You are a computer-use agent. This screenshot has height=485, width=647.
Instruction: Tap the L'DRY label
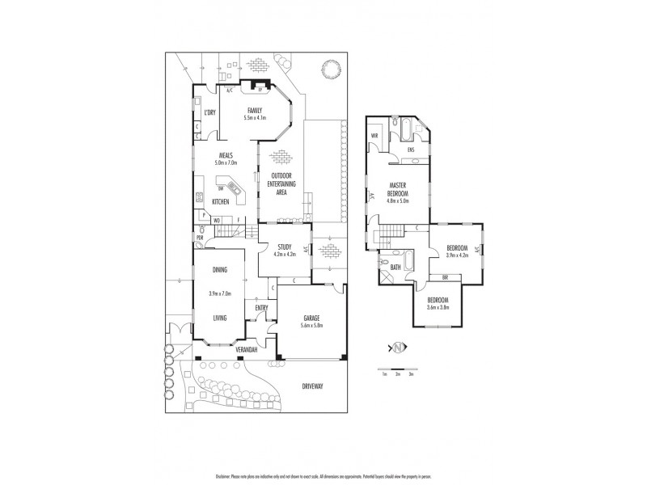click(x=208, y=113)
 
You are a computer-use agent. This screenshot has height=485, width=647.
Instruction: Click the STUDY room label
click(x=284, y=247)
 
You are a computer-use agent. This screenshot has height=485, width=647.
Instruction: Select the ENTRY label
click(x=261, y=307)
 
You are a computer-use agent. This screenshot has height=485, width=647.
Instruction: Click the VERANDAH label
click(x=247, y=350)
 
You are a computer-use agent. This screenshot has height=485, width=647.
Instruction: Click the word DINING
click(x=220, y=270)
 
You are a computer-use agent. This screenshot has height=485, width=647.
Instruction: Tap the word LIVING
click(x=220, y=318)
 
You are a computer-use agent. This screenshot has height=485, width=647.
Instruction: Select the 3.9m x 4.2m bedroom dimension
click(x=456, y=255)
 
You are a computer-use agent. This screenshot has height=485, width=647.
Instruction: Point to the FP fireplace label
click(x=260, y=91)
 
